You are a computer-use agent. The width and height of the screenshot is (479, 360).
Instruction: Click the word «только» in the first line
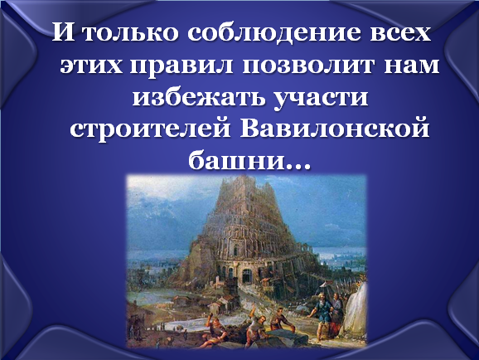(x=130, y=32)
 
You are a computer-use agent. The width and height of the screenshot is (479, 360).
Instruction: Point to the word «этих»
(x=92, y=65)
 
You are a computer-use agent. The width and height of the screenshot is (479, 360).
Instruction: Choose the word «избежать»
(x=199, y=97)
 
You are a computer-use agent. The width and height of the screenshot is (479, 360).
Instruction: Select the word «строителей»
(x=150, y=129)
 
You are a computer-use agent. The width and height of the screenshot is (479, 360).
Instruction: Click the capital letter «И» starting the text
(x=63, y=32)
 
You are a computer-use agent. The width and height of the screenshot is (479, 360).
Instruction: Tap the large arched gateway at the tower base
(x=246, y=276)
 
